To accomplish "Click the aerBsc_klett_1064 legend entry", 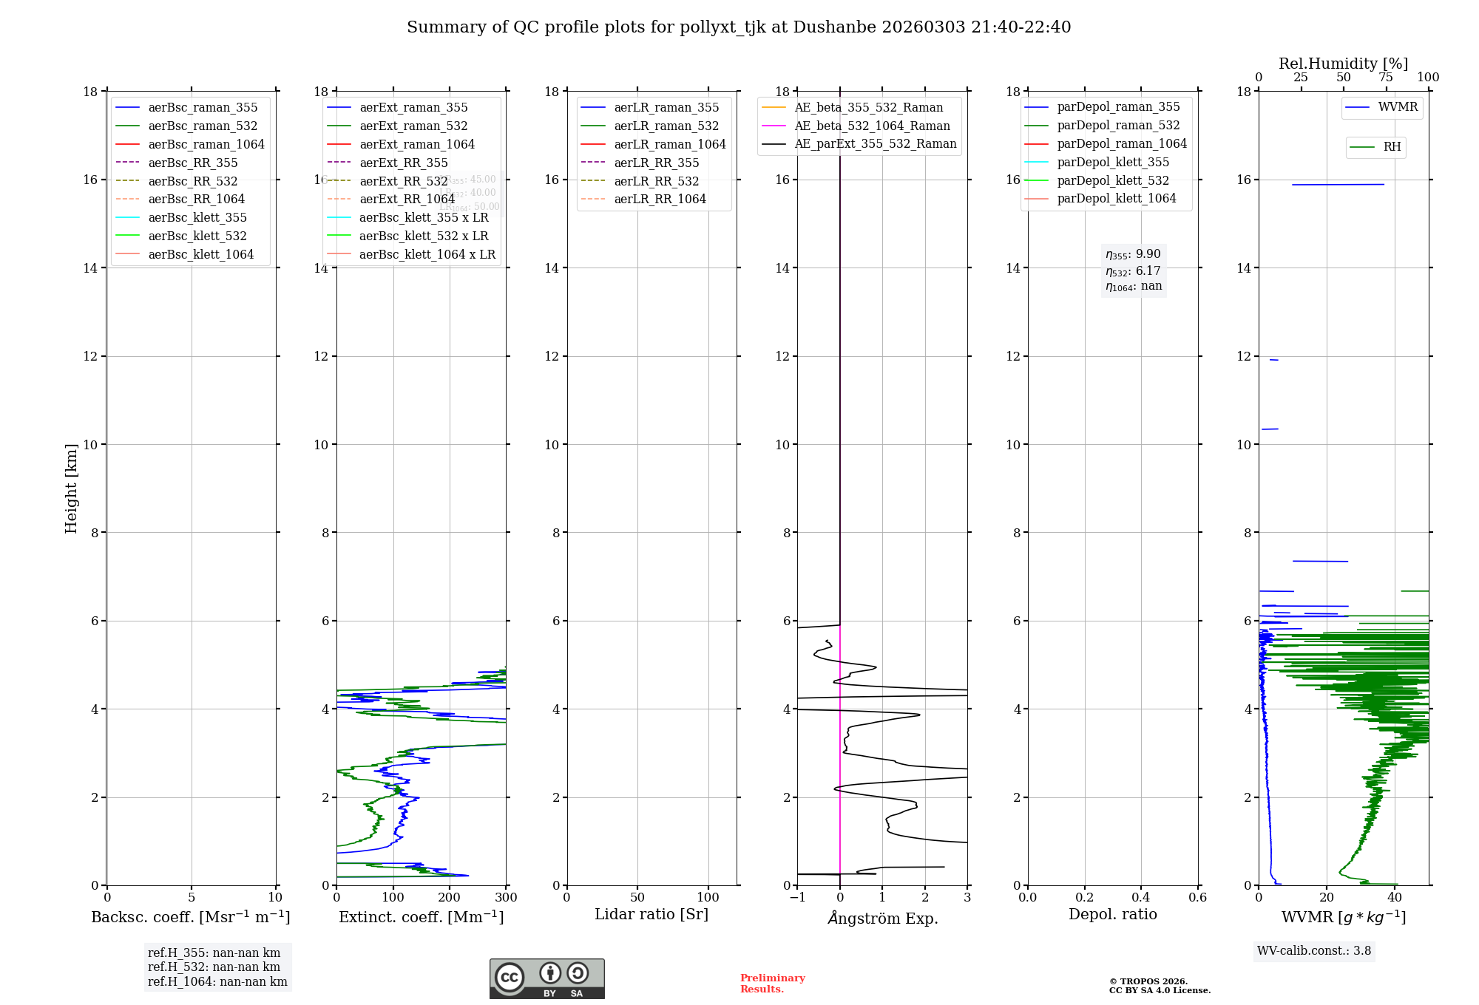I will [200, 254].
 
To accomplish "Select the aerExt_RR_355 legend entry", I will [403, 163].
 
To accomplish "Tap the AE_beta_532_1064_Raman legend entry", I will [872, 126].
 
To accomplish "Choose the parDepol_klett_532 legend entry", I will [1112, 180].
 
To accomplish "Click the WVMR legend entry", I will [1398, 107].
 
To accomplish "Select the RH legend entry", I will [1392, 147].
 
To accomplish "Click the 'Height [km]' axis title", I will [71, 488].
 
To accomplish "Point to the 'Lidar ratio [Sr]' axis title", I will [651, 914].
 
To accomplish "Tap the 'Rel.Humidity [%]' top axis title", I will [1343, 64].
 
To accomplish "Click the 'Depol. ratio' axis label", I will [1112, 914].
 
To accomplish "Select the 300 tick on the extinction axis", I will [507, 898].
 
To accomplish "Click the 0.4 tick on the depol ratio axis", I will [1141, 898].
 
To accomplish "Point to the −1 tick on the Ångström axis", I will [797, 898].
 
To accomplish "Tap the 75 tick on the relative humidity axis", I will [1386, 78].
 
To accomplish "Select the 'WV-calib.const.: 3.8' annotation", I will [1313, 951].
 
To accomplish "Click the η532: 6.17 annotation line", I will [1133, 271].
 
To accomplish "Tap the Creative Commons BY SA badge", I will [546, 978].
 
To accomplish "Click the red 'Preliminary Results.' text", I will [772, 984].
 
